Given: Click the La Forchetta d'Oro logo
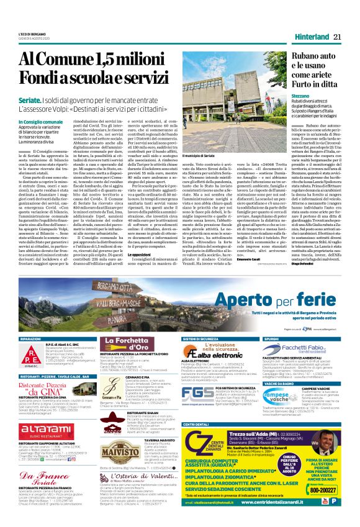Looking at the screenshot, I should tap(129, 349).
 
